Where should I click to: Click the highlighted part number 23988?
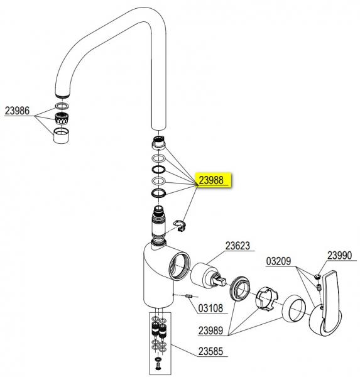211,180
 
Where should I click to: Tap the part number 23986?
17,111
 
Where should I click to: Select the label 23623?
237,246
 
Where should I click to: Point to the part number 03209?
278,261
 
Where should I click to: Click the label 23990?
339,255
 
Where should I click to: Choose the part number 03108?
210,308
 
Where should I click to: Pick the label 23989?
210,331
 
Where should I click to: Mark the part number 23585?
210,351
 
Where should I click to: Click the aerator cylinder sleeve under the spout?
61,136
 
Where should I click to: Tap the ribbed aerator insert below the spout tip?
62,118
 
